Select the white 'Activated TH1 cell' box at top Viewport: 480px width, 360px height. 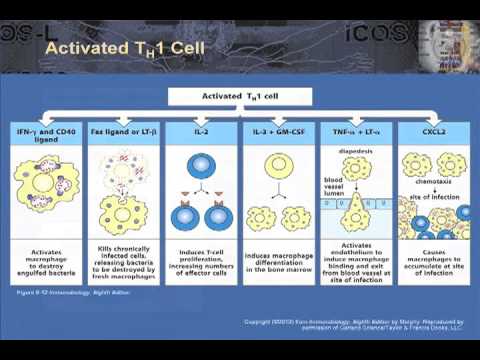pyautogui.click(x=240, y=97)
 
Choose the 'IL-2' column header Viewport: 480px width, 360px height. pyautogui.click(x=201, y=131)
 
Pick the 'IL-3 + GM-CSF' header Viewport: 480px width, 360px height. pyautogui.click(x=278, y=131)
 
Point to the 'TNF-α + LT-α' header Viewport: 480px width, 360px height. pyautogui.click(x=354, y=131)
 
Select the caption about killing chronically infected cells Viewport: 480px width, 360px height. pyautogui.click(x=124, y=263)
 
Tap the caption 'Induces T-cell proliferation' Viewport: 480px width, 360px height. pyautogui.click(x=201, y=263)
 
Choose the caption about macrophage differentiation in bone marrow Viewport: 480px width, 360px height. pyautogui.click(x=278, y=263)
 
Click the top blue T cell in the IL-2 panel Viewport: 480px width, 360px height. pyautogui.click(x=201, y=164)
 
